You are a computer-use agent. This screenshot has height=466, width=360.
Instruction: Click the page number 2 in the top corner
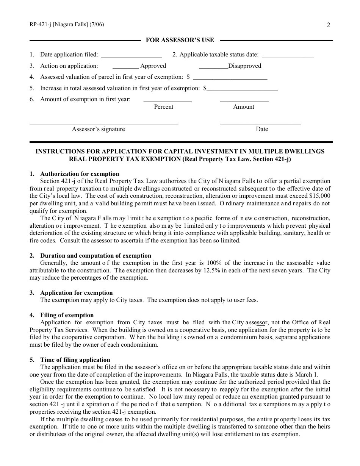pos(328,25)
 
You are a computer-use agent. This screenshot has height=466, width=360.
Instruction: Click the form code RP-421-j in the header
pos(41,25)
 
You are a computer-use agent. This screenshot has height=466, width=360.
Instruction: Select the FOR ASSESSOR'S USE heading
pos(180,40)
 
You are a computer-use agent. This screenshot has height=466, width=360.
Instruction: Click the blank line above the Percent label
pos(167,101)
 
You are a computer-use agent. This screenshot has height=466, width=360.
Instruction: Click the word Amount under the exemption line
pos(244,107)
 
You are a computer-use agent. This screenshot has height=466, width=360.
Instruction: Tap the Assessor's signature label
pos(99,129)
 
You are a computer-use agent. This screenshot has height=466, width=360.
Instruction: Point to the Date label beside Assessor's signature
pos(262,129)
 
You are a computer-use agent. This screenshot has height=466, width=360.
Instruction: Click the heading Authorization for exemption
pos(80,174)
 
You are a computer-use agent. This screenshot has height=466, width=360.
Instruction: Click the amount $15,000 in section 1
pos(319,196)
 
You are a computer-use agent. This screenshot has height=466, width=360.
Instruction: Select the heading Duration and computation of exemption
pos(95,256)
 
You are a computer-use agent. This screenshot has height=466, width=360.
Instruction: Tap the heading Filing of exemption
pos(67,315)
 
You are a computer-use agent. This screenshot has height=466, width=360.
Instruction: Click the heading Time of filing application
pos(75,360)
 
